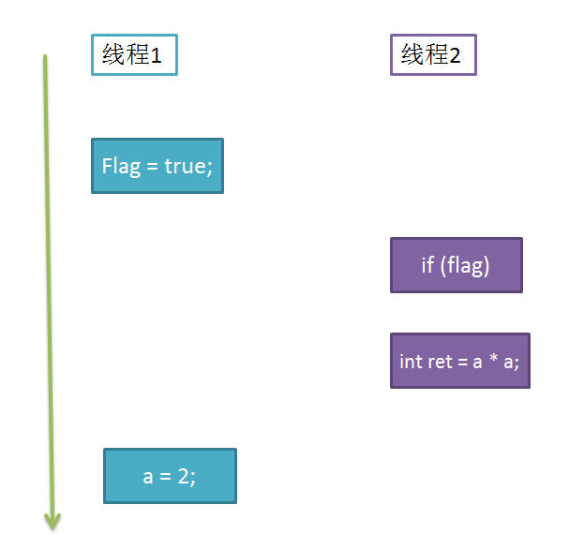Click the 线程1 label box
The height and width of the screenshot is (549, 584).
click(134, 54)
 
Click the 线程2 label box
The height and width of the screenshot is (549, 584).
click(433, 54)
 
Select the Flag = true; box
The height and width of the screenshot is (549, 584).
click(157, 166)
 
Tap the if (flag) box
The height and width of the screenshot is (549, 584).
click(457, 265)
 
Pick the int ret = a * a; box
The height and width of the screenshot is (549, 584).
click(460, 361)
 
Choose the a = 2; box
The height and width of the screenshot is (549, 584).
click(170, 476)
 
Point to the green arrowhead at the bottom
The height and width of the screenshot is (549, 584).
click(52, 521)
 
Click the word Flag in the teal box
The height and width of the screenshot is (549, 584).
click(122, 167)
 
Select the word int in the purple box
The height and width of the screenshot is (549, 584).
click(410, 362)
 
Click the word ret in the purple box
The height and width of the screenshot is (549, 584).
click(439, 362)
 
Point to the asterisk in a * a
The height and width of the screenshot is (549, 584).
click(493, 358)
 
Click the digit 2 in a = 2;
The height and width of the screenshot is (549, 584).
click(184, 476)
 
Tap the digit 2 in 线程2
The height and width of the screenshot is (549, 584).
click(455, 56)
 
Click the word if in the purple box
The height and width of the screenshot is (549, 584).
click(427, 265)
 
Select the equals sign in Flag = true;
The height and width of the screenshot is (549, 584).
click(152, 167)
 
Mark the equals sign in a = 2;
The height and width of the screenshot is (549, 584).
click(165, 477)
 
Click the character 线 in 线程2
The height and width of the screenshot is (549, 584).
click(413, 54)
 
